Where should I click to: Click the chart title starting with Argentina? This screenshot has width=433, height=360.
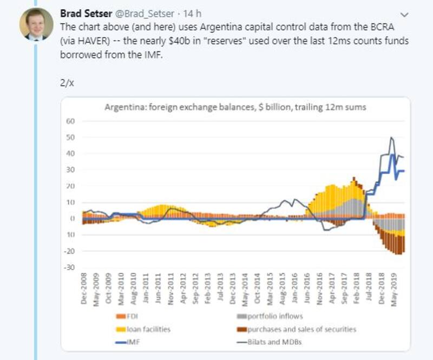click(235, 107)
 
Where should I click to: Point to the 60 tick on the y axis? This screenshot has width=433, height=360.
click(70, 121)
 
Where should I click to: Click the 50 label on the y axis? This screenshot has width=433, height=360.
click(70, 138)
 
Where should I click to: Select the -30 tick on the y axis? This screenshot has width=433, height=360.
click(69, 267)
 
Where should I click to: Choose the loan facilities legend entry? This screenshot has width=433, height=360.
click(142, 329)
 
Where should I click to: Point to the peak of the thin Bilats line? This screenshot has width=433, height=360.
click(391, 138)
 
